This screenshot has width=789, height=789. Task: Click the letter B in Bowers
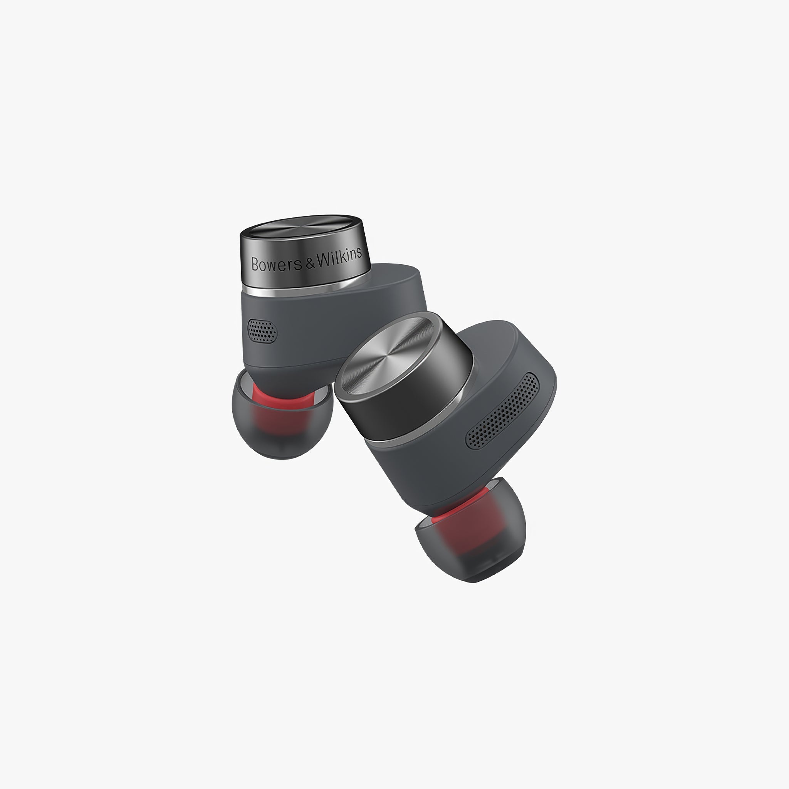pyautogui.click(x=255, y=265)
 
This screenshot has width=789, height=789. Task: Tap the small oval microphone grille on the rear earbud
pyautogui.click(x=262, y=330)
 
